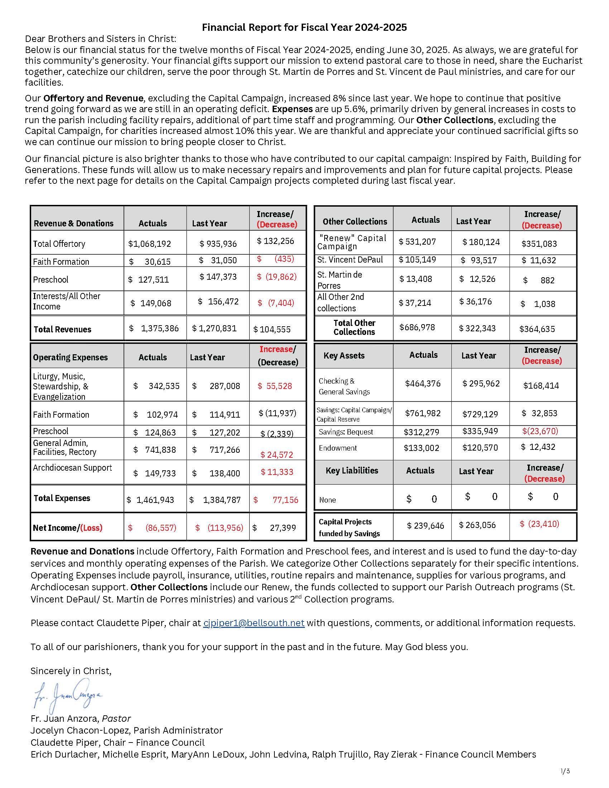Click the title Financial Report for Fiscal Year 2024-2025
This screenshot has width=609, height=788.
click(304, 28)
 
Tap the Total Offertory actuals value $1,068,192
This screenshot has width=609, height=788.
click(149, 244)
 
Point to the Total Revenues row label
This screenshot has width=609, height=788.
click(62, 330)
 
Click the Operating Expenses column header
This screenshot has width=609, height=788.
click(70, 357)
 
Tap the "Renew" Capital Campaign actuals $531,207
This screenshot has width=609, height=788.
click(417, 242)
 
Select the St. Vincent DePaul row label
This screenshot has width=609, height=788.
click(350, 260)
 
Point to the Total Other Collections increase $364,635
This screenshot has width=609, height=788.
click(537, 329)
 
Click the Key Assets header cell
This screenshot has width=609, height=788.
click(344, 355)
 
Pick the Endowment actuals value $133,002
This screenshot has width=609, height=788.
click(421, 448)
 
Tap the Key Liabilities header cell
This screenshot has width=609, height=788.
click(352, 471)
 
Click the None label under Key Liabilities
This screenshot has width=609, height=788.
click(327, 500)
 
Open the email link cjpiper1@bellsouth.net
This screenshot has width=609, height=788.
click(254, 623)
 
